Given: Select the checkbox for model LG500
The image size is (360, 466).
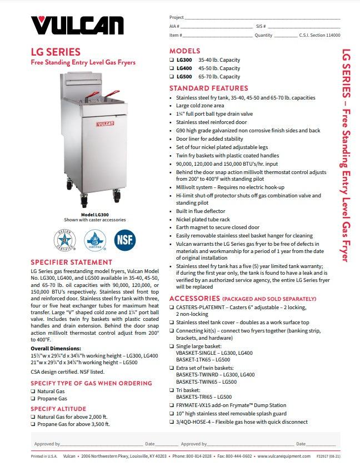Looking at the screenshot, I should point(172,77).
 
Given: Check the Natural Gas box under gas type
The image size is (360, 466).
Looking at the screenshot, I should point(33,391).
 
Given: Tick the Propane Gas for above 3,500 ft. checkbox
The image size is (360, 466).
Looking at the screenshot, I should point(33,424).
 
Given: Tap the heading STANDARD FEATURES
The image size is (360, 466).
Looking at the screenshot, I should point(208,88).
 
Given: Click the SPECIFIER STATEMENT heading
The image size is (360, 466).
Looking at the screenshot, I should point(71,262).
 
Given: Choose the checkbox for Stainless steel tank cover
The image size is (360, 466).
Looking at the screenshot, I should point(172,323).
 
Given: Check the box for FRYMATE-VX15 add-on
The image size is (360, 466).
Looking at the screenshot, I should point(172,406).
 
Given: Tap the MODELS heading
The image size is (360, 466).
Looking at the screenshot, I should point(184,51).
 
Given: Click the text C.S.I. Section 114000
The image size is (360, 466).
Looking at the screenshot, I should point(319,35).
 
